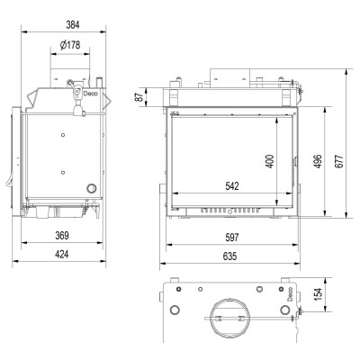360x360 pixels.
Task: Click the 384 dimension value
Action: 73,25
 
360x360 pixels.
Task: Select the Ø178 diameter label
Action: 70,45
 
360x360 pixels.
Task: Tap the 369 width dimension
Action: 62,236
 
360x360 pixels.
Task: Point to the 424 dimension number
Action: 62,255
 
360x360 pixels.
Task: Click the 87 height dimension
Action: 139,97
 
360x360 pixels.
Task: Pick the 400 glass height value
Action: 270,161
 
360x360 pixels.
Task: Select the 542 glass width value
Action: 232,186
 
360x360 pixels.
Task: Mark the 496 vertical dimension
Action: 318,161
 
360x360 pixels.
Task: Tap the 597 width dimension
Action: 232,238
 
